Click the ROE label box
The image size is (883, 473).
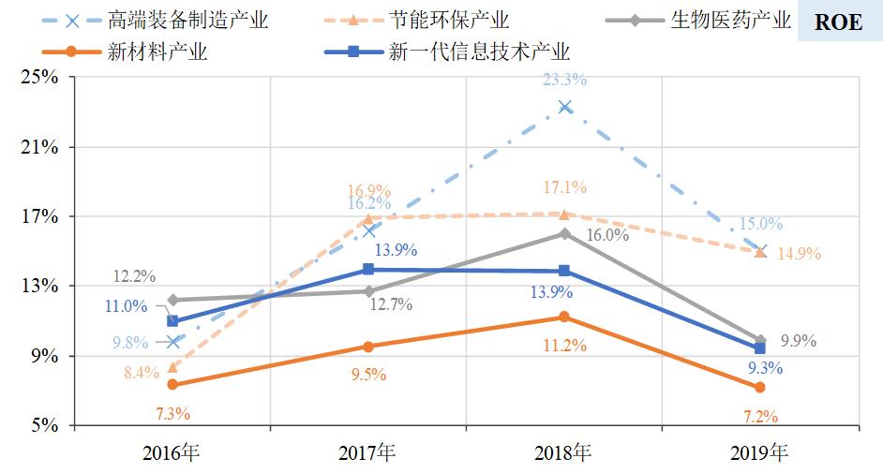(838, 22)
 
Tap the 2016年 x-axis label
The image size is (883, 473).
(172, 453)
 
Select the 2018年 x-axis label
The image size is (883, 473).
(563, 453)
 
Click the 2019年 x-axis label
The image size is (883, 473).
(759, 453)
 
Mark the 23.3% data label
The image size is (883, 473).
(565, 80)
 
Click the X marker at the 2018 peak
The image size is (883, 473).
(564, 107)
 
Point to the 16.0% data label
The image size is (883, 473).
(607, 235)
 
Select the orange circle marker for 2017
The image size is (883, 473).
(368, 347)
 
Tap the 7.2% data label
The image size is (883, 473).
(759, 415)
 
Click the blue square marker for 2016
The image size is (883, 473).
(172, 321)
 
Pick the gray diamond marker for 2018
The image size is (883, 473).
(564, 234)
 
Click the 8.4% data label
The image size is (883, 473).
(141, 373)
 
